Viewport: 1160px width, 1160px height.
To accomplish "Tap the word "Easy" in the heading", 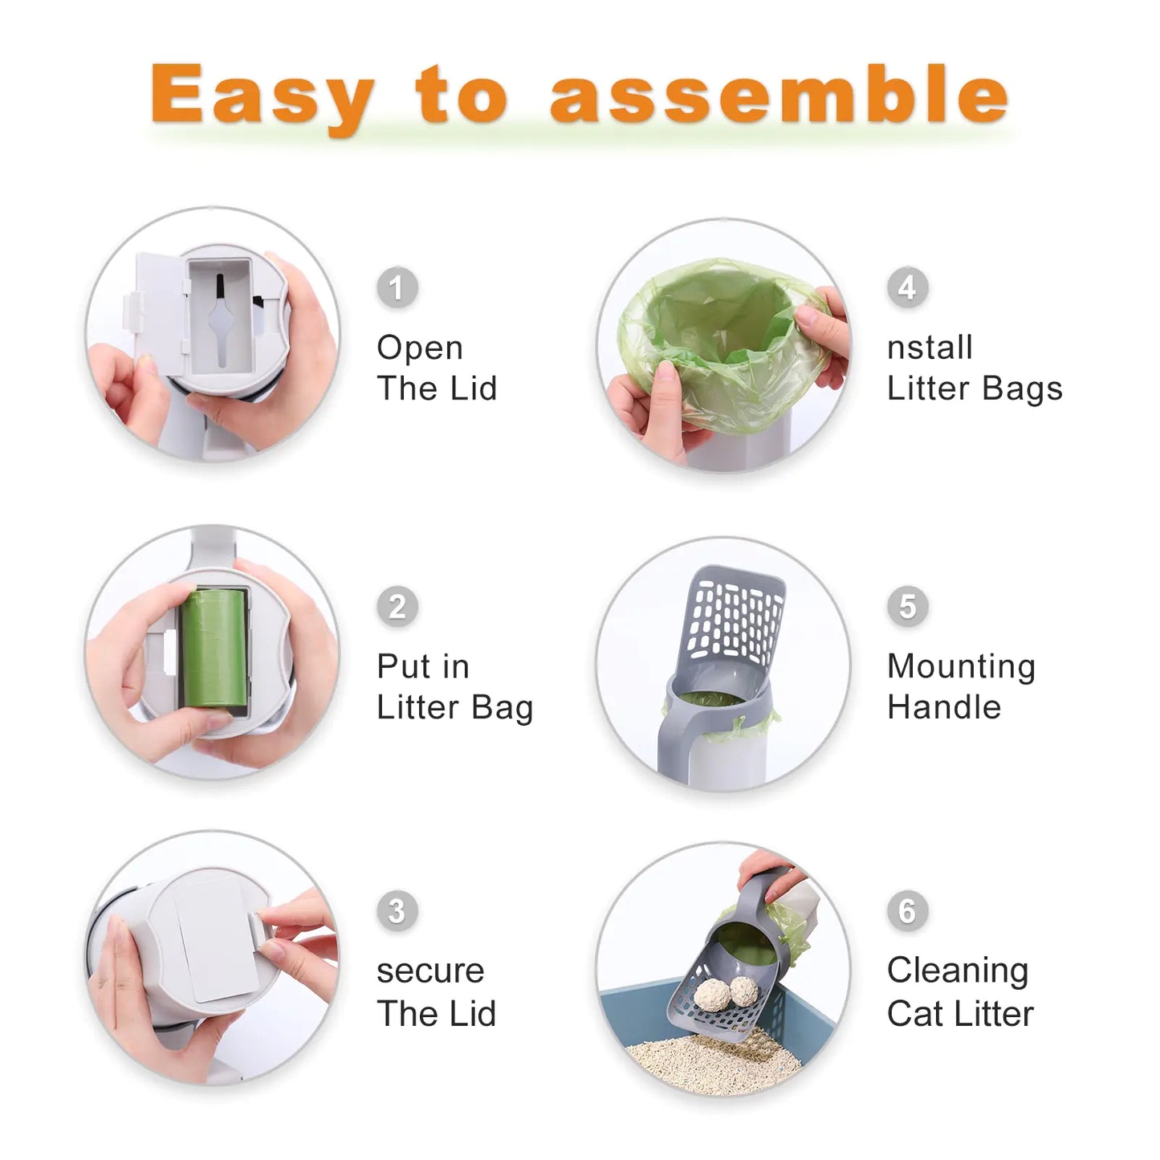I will pyautogui.click(x=262, y=96).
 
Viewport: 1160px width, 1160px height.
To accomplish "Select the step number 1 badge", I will pyautogui.click(x=397, y=287).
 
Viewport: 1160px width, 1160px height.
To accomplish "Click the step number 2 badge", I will pyautogui.click(x=397, y=606).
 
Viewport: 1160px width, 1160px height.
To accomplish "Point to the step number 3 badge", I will pyautogui.click(x=397, y=911).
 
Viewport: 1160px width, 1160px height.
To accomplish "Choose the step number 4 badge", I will pyautogui.click(x=907, y=287).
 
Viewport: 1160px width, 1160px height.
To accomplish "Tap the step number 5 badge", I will pyautogui.click(x=907, y=606).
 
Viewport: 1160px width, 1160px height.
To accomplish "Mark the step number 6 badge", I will pyautogui.click(x=907, y=911).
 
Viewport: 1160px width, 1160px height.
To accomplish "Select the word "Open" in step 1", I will pyautogui.click(x=420, y=348).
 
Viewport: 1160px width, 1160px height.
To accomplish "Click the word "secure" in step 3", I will pyautogui.click(x=430, y=971).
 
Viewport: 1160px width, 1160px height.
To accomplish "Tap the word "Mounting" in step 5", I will pyautogui.click(x=961, y=667).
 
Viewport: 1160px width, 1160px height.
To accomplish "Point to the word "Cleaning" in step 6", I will pyautogui.click(x=957, y=971).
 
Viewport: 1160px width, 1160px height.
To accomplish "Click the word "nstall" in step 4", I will pyautogui.click(x=930, y=348).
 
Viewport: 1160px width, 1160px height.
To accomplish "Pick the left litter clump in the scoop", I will pyautogui.click(x=710, y=995).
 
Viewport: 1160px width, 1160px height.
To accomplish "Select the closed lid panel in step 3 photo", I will pyautogui.click(x=215, y=939).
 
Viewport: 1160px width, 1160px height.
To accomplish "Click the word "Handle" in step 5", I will pyautogui.click(x=944, y=708).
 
